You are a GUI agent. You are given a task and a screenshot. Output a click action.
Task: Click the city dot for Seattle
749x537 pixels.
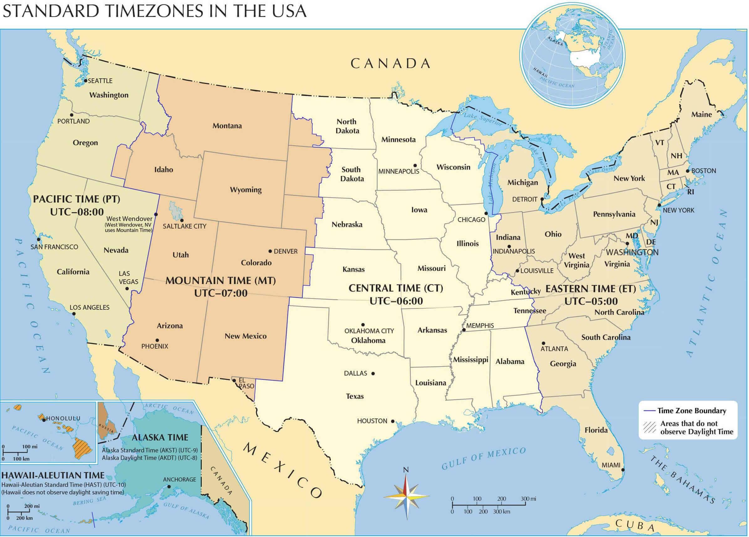pyautogui.click(x=86, y=81)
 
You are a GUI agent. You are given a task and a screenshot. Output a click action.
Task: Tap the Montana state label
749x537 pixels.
pyautogui.click(x=227, y=126)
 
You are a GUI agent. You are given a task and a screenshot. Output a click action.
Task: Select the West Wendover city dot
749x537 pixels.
pyautogui.click(x=156, y=214)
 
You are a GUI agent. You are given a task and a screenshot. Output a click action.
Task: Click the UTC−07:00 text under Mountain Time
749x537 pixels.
pyautogui.click(x=221, y=293)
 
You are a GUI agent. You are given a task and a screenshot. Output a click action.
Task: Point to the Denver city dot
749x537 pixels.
pyautogui.click(x=270, y=251)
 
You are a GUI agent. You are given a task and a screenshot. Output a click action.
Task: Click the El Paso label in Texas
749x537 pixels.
pyautogui.click(x=246, y=383)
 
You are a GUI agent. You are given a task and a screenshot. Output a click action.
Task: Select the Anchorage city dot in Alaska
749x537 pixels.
pyautogui.click(x=169, y=487)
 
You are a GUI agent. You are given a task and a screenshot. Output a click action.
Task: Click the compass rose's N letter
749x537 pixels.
pyautogui.click(x=406, y=470)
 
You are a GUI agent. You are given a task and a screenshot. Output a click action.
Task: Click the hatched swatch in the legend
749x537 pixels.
pyautogui.click(x=650, y=428)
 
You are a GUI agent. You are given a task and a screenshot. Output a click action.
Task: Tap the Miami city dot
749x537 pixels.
pyautogui.click(x=623, y=470)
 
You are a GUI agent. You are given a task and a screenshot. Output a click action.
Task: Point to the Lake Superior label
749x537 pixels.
pyautogui.click(x=483, y=119)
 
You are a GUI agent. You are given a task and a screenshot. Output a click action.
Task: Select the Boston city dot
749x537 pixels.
pyautogui.click(x=687, y=171)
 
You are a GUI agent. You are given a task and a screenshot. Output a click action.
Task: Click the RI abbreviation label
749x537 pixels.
pyautogui.click(x=691, y=192)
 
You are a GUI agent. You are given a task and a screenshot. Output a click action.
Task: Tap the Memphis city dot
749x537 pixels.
pyautogui.click(x=464, y=330)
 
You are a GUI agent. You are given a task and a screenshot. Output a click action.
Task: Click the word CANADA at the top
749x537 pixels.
pyautogui.click(x=390, y=63)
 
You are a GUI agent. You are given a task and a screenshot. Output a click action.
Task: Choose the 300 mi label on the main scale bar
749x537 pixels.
pyautogui.click(x=528, y=499)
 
